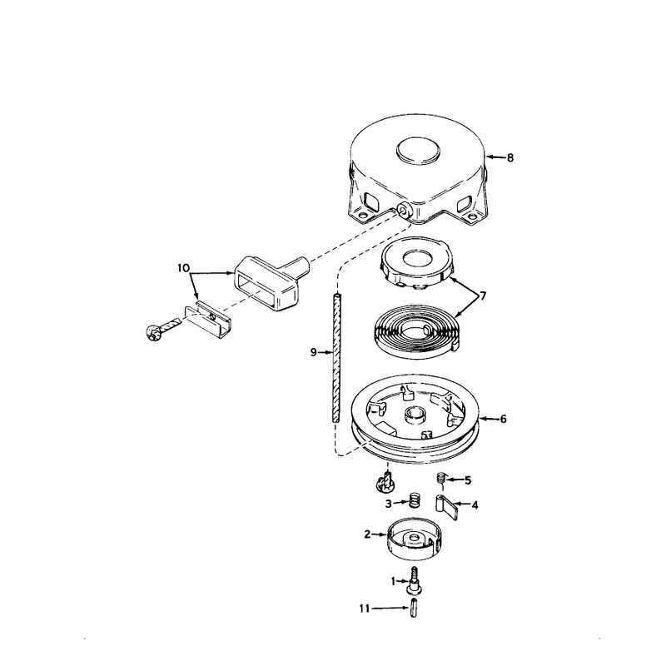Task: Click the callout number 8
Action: point(510,157)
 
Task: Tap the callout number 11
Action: point(365,609)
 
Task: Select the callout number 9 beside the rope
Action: point(314,352)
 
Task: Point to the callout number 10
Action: point(183,268)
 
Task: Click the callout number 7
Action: point(483,296)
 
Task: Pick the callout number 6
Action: point(504,420)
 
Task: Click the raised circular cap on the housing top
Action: point(419,150)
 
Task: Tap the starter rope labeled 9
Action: point(336,357)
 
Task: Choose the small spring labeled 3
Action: point(414,500)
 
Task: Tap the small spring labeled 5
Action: point(442,478)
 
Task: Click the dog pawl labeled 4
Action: point(446,508)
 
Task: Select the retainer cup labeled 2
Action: point(412,539)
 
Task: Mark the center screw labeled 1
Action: point(414,580)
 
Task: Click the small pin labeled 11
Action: point(414,608)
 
